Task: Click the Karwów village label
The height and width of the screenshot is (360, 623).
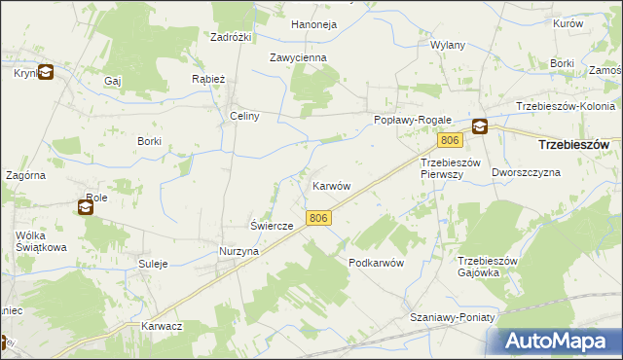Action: point(331,185)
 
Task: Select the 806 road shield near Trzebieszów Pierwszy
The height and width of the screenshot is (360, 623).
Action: point(448,140)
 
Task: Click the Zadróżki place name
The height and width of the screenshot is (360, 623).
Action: point(232,37)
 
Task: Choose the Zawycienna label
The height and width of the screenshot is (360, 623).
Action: point(299,57)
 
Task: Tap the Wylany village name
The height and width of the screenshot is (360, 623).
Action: point(448,45)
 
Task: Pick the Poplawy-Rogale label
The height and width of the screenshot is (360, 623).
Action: point(408,120)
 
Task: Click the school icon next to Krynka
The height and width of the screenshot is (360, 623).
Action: point(46,71)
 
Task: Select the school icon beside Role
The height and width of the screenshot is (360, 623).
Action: point(86,205)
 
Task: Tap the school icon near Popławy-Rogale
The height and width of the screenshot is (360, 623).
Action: point(480,126)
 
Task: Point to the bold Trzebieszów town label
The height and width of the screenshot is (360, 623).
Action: point(573,144)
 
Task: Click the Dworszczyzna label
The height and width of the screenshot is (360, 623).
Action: point(527,172)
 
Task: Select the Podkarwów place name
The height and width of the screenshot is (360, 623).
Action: point(376,264)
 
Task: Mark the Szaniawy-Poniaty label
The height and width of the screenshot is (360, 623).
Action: point(453,318)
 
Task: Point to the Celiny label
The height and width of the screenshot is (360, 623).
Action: point(243,116)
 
